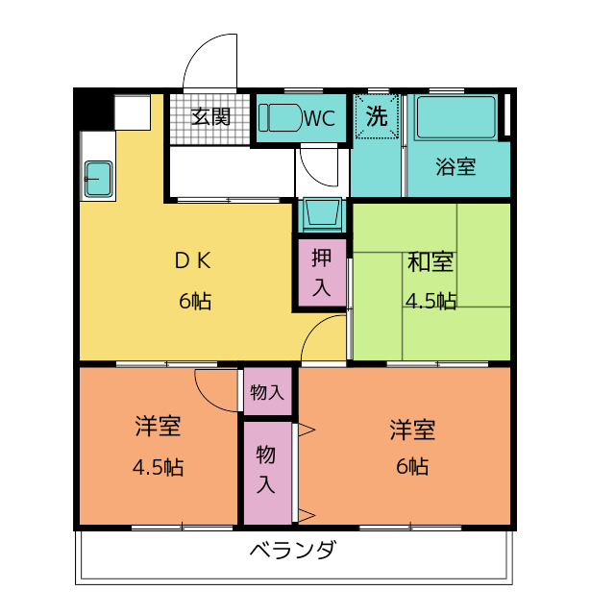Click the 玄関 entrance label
coord(209,117)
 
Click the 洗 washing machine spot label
coord(377,116)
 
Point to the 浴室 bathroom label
coord(455,166)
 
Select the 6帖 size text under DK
coord(194,301)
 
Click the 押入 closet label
coord(321,272)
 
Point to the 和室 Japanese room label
coord(430,262)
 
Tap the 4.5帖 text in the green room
coord(430,301)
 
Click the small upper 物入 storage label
coord(267,392)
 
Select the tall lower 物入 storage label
coord(266,469)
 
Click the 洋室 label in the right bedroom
coord(413,429)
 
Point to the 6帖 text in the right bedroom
coord(413,468)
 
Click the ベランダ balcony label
coord(293,552)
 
